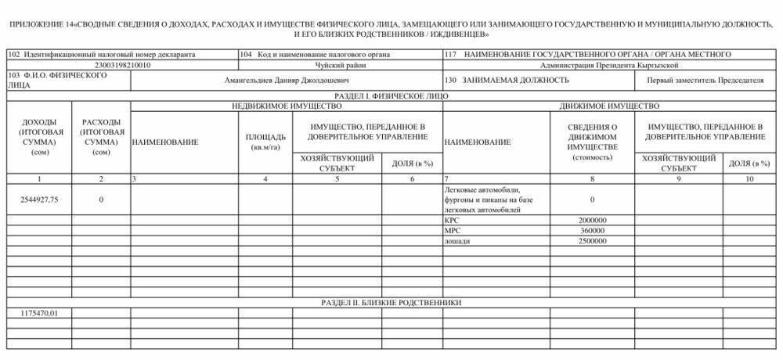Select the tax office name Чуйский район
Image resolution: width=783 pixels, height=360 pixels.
point(340,66)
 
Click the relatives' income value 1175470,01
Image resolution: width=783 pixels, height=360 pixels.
point(39,313)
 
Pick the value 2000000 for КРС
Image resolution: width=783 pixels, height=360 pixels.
point(591,221)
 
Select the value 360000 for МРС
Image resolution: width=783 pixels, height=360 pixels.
point(591,232)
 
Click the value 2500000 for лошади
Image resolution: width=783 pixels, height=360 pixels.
point(591,242)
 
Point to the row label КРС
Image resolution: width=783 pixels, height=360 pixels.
point(452,221)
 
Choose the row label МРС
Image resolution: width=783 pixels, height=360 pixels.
point(452,232)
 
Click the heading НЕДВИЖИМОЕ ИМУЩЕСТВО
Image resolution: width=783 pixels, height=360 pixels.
point(286,106)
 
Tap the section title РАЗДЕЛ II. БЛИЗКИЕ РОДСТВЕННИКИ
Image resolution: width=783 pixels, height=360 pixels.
point(391,302)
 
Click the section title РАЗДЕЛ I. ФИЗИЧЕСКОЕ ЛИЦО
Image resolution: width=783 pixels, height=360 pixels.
point(391,95)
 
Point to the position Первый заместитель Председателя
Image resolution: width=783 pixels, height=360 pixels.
point(705,81)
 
